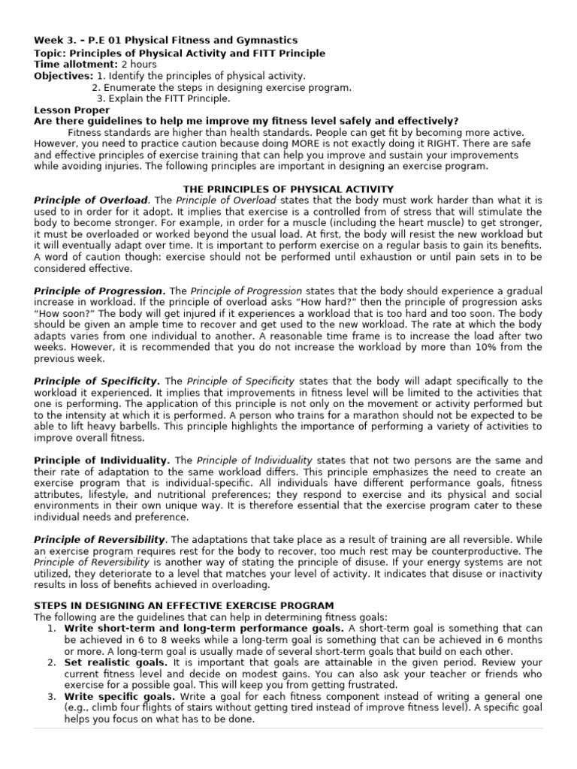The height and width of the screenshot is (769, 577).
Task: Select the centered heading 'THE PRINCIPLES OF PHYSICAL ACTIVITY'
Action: tap(288, 188)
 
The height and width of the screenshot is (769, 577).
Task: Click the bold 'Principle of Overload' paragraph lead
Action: tap(91, 201)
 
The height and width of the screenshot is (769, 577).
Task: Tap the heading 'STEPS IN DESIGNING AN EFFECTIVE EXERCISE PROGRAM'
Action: tap(184, 605)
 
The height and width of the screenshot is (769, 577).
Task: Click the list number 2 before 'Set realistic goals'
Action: tap(50, 662)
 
